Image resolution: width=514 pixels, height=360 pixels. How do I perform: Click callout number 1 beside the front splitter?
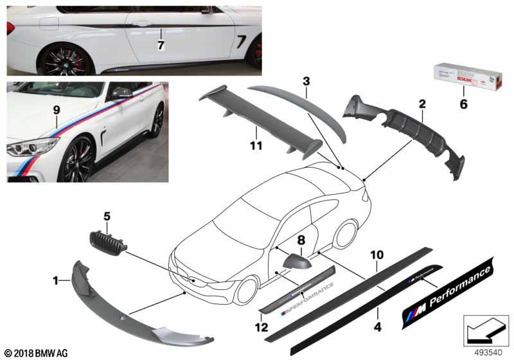(57, 280)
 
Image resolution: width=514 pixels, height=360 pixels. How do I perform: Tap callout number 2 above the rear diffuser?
(421, 104)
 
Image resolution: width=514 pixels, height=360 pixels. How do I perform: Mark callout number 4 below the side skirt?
(378, 326)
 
